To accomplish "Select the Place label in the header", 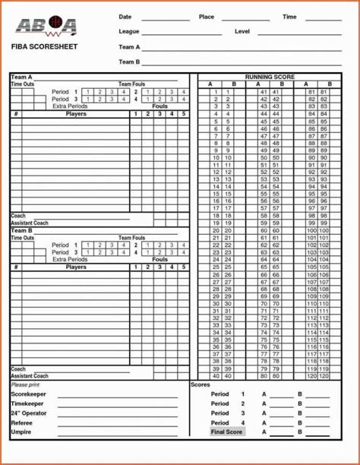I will point(206,17).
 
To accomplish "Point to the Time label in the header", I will point(289,17).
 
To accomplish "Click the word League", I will point(128,32).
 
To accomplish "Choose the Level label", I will point(242,32).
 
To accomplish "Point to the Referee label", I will point(21,423).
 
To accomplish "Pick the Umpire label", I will point(21,432).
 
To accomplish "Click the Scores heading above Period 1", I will point(201,384).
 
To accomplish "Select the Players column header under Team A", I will point(76,114).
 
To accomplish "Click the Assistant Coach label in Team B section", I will point(30,376).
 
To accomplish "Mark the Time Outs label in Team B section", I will point(22,238).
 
